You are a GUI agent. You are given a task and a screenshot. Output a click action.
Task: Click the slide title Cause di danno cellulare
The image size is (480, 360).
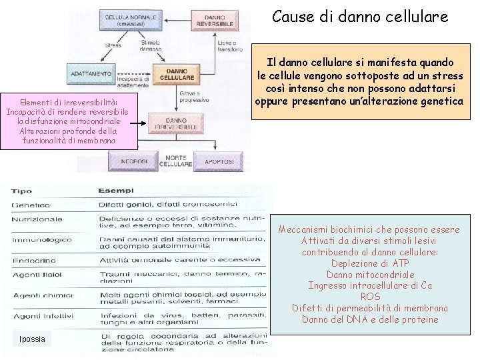coord(360,16)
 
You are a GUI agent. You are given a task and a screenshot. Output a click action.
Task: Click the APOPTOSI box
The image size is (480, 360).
coord(217,161)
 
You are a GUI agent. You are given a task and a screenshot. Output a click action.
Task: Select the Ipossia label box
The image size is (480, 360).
coord(32,339)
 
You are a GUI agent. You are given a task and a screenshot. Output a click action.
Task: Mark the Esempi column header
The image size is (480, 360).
coord(116,191)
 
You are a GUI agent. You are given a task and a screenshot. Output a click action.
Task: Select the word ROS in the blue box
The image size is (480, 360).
coord(370,296)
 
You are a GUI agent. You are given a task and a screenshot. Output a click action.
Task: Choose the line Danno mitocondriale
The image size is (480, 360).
coord(370,275)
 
